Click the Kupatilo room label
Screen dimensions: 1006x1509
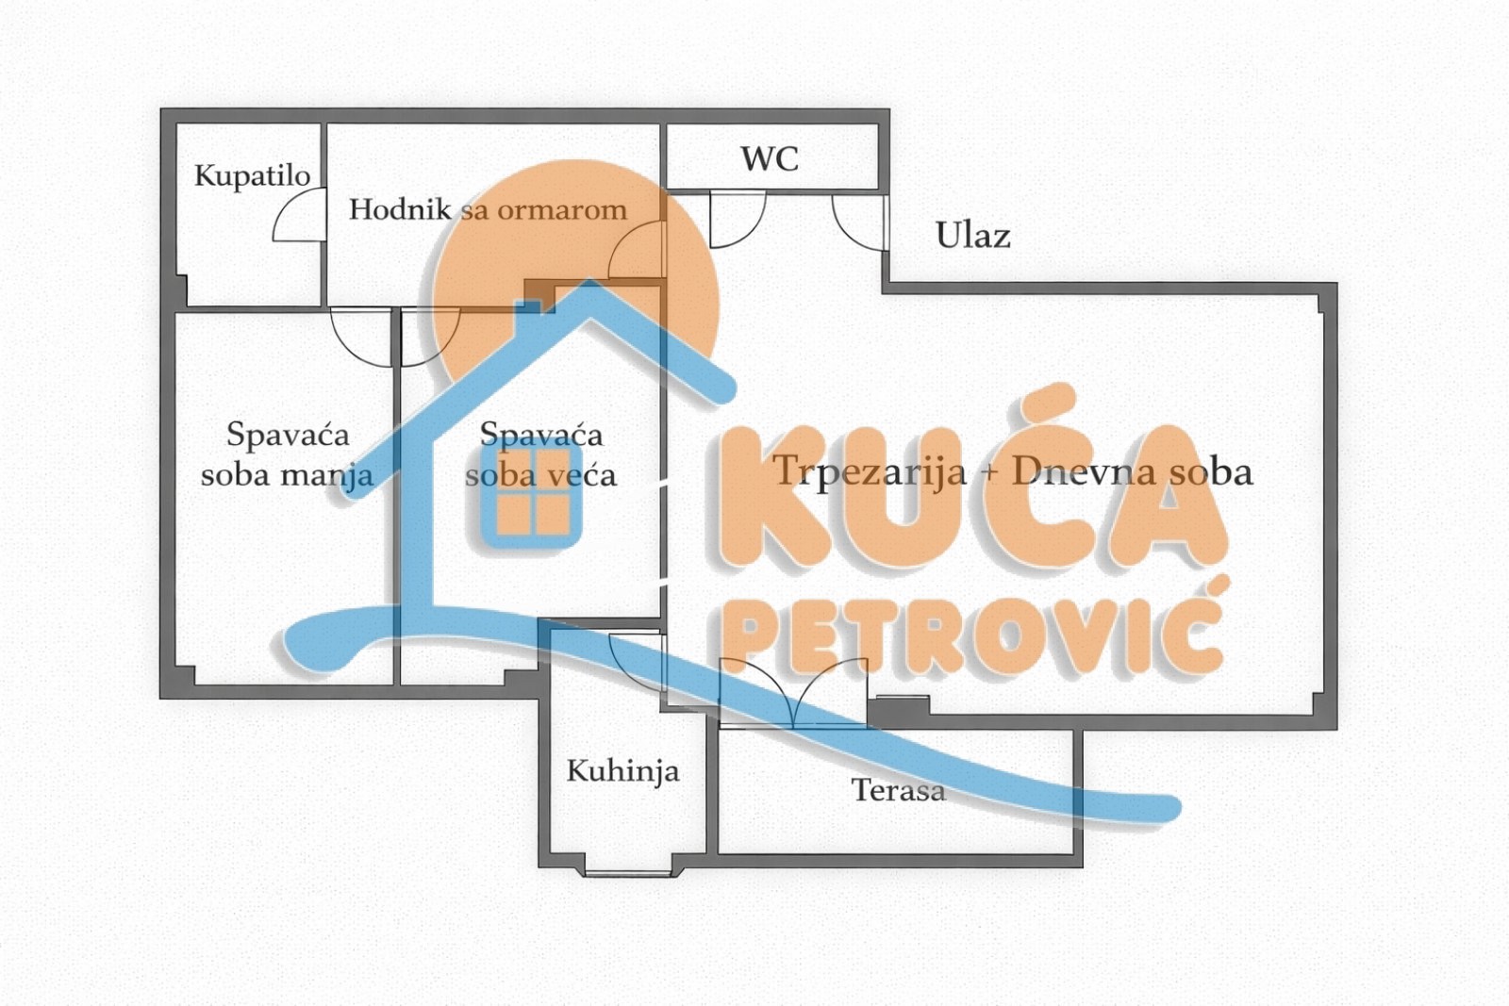tap(252, 175)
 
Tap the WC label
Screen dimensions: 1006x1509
tap(770, 158)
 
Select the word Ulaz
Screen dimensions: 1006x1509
tap(972, 235)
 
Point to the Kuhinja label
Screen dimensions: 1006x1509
tap(622, 771)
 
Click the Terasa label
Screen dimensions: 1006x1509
tap(898, 789)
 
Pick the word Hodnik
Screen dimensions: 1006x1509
tap(400, 208)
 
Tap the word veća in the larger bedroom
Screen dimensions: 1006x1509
tap(581, 474)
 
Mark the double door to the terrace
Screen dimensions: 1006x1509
tap(793, 693)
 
